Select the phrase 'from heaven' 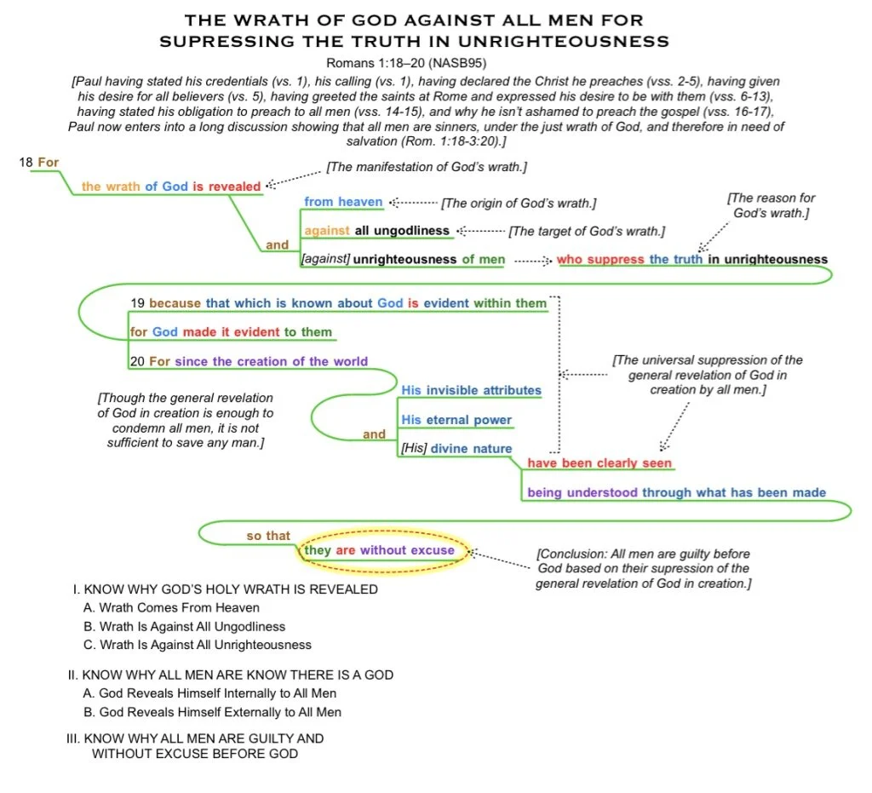coord(343,202)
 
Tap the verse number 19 coord(138,303)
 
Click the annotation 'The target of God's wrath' coord(587,231)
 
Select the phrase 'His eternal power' coord(456,420)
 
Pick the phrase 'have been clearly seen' coord(599,463)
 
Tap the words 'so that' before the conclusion coord(268,536)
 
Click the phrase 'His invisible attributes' coord(471,390)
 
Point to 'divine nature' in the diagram coord(471,449)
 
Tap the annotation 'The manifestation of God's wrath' coord(427,167)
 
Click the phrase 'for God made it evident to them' coord(231,332)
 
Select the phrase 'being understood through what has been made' coord(676,492)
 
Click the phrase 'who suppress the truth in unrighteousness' coord(691,259)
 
